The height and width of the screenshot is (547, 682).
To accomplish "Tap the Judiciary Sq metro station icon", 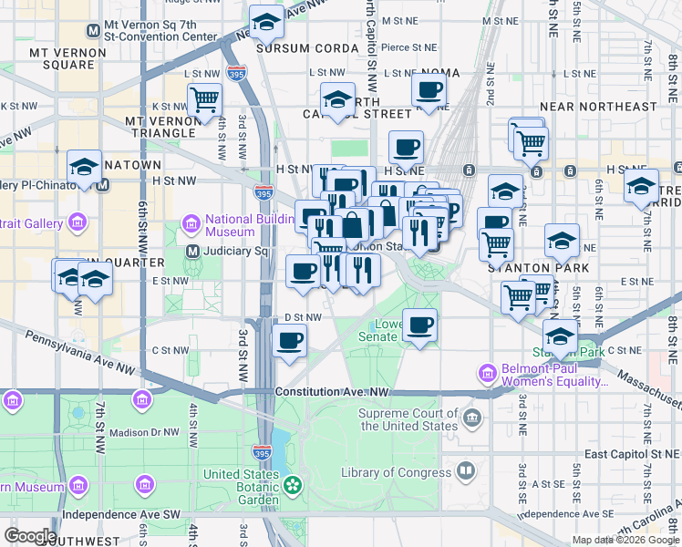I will (192, 252).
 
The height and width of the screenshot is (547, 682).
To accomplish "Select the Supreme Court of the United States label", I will (408, 419).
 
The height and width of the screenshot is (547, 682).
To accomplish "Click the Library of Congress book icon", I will (466, 471).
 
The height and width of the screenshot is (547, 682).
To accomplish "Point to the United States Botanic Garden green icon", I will (293, 486).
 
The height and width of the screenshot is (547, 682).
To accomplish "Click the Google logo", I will (30, 536).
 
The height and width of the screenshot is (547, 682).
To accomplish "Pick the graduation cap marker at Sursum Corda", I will (266, 22).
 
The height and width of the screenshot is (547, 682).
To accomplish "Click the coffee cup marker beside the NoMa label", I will (428, 90).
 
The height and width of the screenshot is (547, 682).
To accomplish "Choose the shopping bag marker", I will (353, 223).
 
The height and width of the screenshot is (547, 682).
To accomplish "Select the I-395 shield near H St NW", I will (263, 192).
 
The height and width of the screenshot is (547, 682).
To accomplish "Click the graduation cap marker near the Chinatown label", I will (84, 167).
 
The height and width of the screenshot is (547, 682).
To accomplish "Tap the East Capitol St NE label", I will (629, 454).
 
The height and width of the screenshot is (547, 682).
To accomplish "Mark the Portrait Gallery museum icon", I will (77, 223).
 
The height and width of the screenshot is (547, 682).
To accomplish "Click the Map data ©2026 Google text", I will (625, 540).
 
